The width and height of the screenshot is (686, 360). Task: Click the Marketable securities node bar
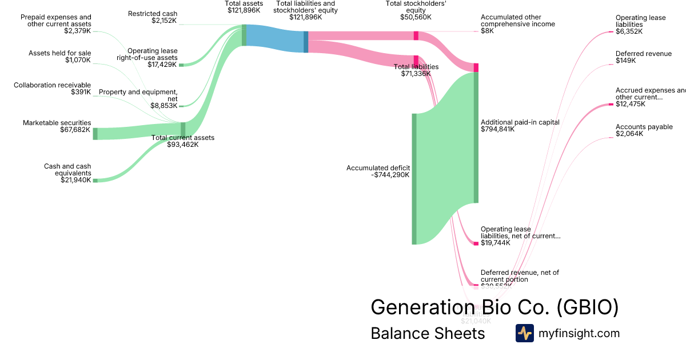[x=95, y=134]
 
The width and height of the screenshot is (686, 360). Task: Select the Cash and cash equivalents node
[x=95, y=180]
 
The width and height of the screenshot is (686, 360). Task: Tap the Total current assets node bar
[x=183, y=130]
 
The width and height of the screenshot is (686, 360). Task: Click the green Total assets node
[x=244, y=35]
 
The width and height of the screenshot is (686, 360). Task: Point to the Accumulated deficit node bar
[x=414, y=179]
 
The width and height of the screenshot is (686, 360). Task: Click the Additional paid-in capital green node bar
[x=476, y=137]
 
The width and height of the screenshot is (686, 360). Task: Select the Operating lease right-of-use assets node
[x=181, y=65]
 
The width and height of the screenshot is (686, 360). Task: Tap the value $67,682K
[x=75, y=130]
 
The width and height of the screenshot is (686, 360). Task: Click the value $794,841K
[x=498, y=129]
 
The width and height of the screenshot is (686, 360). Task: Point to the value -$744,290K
[x=390, y=175]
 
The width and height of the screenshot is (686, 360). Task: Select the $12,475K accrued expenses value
[x=631, y=104]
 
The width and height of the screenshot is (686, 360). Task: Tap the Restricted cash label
[x=153, y=14]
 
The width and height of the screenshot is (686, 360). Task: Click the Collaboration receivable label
[x=53, y=85]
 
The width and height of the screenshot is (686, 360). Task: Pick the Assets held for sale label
[x=60, y=53]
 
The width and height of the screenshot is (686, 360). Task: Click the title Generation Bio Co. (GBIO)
[x=494, y=307]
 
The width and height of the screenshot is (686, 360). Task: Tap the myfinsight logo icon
[x=524, y=333]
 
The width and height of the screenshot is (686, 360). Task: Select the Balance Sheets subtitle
[x=428, y=333]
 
